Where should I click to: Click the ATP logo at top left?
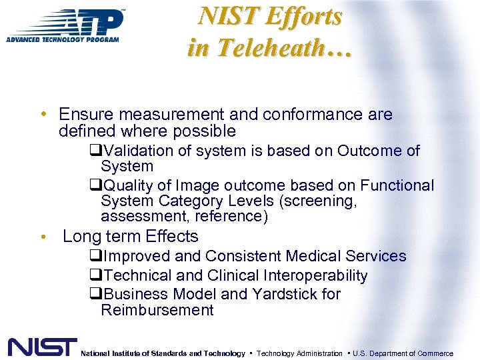click(x=65, y=26)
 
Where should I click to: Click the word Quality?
click(x=128, y=186)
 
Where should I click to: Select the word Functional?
click(x=397, y=186)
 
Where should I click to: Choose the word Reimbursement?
click(x=157, y=310)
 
